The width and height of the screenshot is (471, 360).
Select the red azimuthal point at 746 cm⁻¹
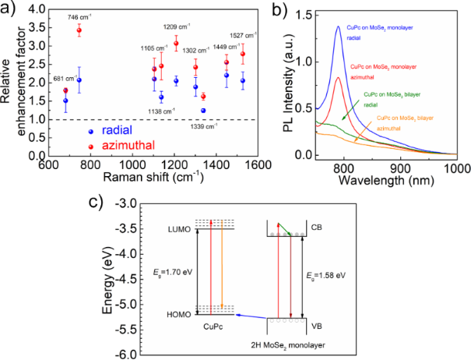point(79,30)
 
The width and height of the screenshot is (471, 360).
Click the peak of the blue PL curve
point(339,26)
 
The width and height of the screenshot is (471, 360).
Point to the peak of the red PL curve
point(338,77)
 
